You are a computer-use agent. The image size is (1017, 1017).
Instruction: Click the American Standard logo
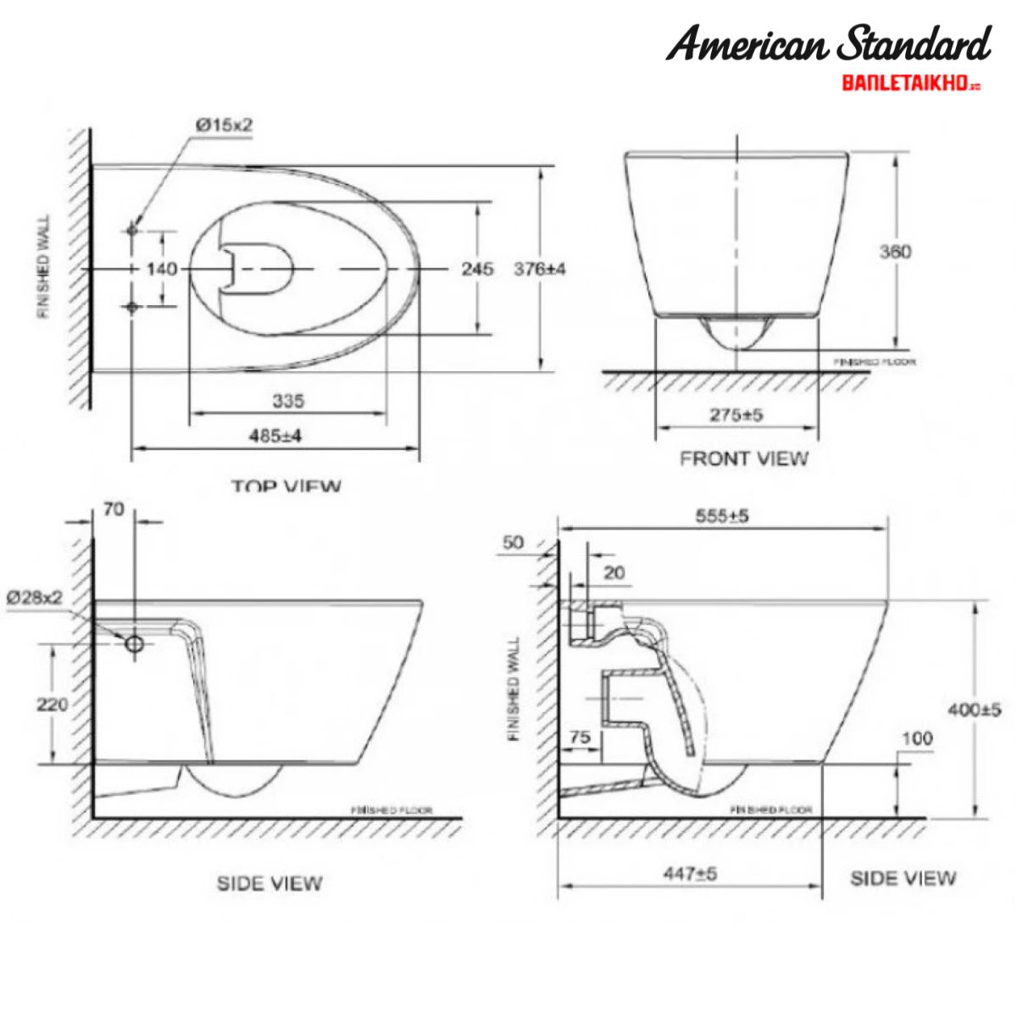828,44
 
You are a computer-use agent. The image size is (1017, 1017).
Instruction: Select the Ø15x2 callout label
225,125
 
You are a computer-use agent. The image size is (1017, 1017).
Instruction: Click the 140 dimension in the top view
162,269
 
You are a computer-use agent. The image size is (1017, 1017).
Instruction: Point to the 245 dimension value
477,269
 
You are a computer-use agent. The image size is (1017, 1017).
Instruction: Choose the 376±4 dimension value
540,269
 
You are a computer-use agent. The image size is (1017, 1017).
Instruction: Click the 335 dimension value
288,400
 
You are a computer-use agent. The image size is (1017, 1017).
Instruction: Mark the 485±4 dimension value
275,436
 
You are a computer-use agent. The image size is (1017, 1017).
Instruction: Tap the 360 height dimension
895,252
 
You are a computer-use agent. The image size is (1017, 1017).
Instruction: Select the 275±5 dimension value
736,415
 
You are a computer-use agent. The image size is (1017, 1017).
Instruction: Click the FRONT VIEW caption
744,458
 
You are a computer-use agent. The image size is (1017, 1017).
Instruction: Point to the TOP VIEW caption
286,486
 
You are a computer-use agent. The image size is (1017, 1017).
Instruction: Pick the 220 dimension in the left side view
53,703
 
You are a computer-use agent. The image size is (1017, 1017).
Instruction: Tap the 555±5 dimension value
722,515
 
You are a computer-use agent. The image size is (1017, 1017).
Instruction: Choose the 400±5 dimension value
975,709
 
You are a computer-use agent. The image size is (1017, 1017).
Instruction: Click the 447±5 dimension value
690,873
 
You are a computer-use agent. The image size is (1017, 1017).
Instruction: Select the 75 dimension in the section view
580,737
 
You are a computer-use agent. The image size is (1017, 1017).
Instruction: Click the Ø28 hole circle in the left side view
135,644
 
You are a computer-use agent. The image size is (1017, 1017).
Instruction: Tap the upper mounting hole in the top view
132,230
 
